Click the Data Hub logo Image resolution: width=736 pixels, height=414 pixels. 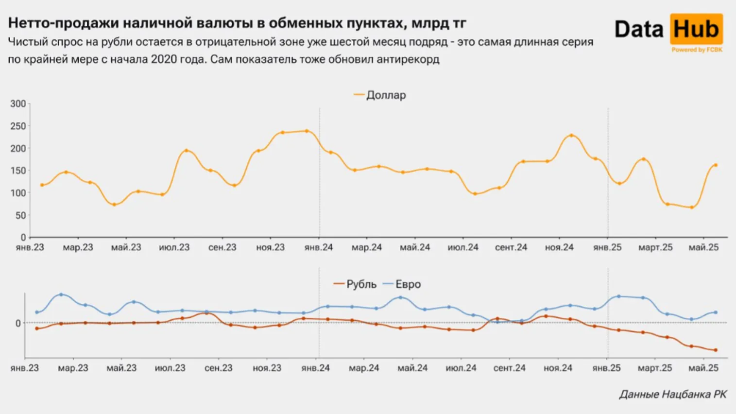(x=668, y=30)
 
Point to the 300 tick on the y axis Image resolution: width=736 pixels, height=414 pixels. (x=18, y=103)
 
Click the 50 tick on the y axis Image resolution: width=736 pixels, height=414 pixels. (x=20, y=215)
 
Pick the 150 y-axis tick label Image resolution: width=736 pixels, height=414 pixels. (x=18, y=171)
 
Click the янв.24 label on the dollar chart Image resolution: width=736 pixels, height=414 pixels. (x=319, y=247)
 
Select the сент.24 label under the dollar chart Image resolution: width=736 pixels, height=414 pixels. (x=511, y=247)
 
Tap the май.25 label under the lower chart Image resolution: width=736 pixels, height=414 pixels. (x=703, y=368)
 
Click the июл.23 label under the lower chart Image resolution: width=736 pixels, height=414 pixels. (x=170, y=368)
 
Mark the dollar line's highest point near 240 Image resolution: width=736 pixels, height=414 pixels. (x=307, y=131)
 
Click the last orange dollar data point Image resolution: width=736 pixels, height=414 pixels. (x=715, y=165)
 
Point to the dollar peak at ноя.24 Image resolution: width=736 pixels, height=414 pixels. (x=571, y=136)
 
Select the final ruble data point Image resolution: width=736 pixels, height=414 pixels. (x=715, y=350)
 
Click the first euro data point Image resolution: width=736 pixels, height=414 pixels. (x=37, y=312)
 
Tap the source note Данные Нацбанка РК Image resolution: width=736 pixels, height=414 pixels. (x=673, y=394)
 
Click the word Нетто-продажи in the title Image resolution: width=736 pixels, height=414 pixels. (x=63, y=23)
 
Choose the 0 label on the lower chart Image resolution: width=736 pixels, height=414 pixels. (x=18, y=323)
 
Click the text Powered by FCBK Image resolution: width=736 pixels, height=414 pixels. (x=697, y=50)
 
